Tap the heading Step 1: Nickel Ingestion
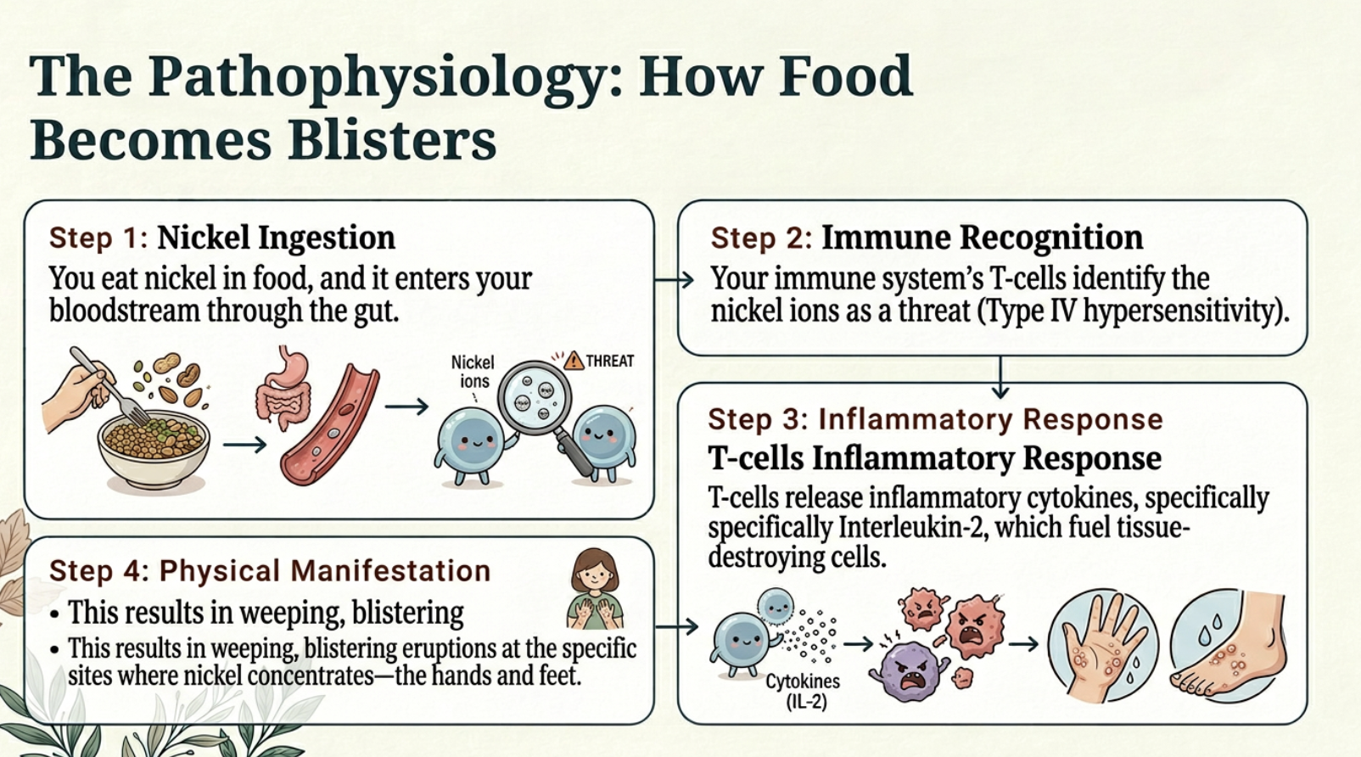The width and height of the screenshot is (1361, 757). coord(222,238)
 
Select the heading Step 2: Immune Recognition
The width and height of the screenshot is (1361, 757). coord(927,238)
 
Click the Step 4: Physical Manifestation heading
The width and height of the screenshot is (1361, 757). coord(270,571)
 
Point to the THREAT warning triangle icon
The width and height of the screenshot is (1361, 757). coord(574,361)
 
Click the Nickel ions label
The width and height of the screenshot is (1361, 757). coord(473,372)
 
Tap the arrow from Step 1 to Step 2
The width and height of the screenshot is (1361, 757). coord(675,279)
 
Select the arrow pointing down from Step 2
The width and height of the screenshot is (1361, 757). coord(1000,377)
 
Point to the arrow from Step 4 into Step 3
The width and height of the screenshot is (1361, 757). coord(676,627)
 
